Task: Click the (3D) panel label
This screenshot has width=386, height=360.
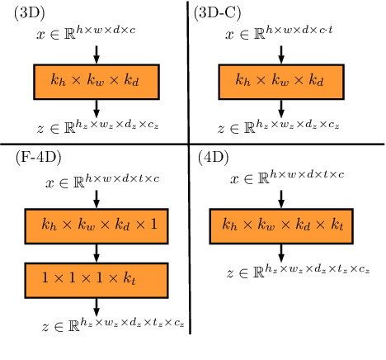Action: click(30, 14)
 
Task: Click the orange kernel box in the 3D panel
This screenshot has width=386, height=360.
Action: click(96, 81)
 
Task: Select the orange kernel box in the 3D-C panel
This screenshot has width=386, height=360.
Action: click(281, 81)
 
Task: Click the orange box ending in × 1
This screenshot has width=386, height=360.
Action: click(96, 225)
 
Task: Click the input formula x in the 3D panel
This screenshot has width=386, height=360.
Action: click(96, 35)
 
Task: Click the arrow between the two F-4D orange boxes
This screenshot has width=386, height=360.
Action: click(96, 251)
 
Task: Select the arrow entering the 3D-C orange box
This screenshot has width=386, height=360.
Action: click(281, 54)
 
